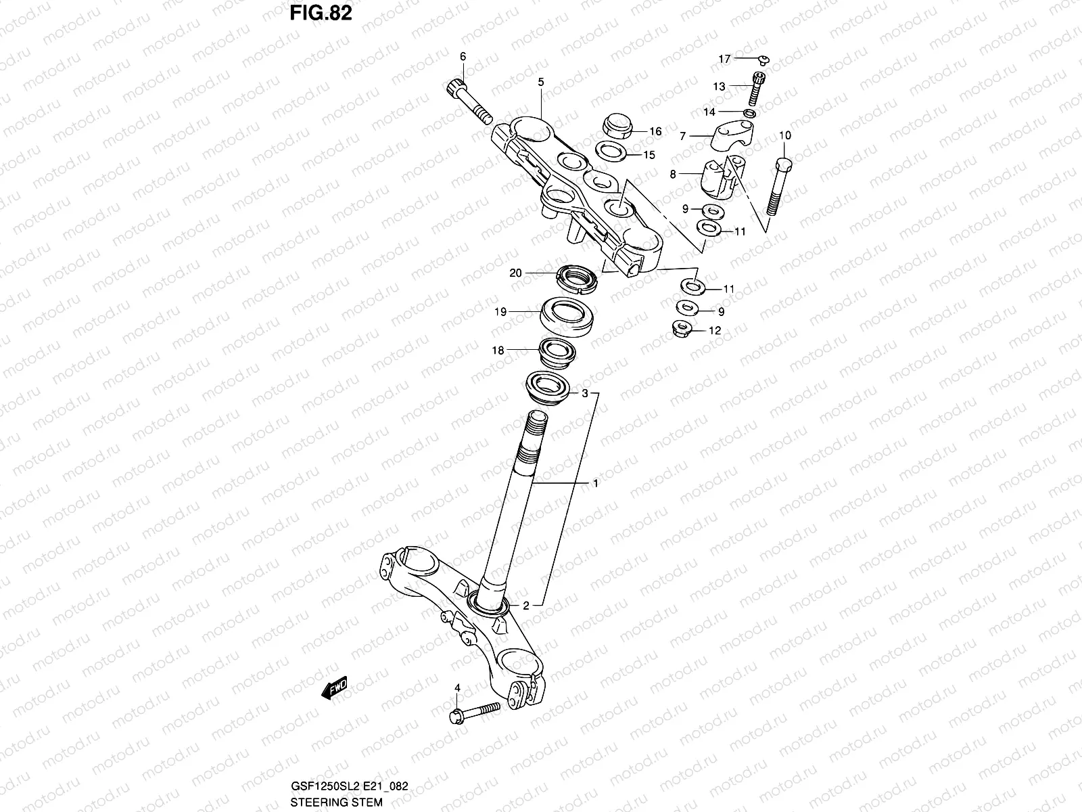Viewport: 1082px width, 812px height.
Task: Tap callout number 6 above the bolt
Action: pyautogui.click(x=463, y=57)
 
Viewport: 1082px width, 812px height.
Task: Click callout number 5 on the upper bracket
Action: pyautogui.click(x=540, y=83)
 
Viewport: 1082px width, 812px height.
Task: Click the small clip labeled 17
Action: pyautogui.click(x=760, y=60)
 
